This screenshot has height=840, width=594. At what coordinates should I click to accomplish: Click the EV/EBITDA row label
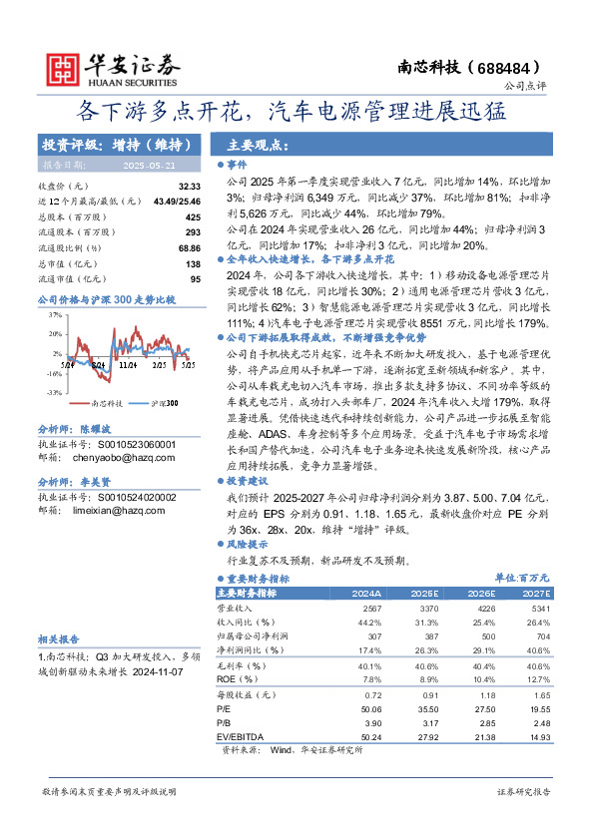tap(241, 735)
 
